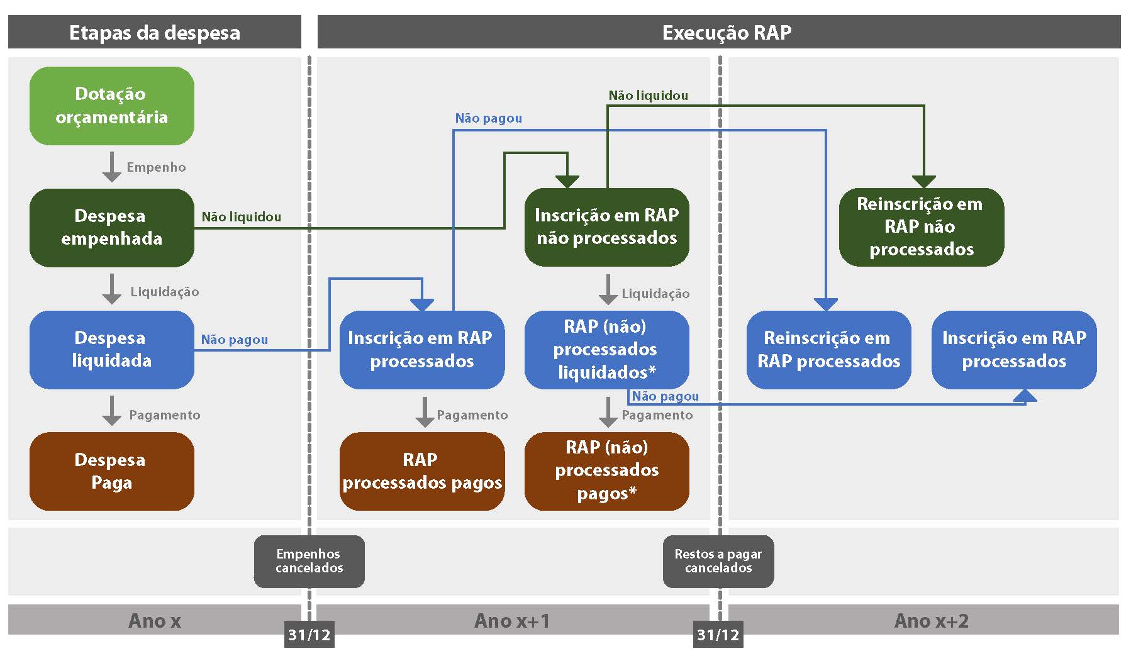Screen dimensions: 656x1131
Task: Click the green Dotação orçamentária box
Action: tap(111, 106)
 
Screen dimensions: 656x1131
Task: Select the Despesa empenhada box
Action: tap(111, 228)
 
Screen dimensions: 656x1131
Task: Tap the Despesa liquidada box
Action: tap(111, 349)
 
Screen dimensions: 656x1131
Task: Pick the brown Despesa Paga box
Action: tap(111, 471)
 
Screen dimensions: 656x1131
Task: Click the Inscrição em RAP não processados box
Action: tap(606, 227)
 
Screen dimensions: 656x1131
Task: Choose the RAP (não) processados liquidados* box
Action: tap(606, 349)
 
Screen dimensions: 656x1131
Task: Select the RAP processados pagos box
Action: tap(421, 471)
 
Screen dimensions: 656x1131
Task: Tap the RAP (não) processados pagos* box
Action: tap(606, 471)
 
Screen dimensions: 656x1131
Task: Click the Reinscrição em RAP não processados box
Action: tap(921, 227)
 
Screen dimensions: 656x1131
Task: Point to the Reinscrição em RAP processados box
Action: tap(828, 349)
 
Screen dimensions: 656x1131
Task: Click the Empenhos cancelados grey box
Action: tap(309, 561)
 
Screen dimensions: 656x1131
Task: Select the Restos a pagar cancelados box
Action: tap(718, 561)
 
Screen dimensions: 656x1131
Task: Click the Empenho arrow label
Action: tap(156, 167)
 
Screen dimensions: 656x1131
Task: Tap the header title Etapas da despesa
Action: tap(154, 33)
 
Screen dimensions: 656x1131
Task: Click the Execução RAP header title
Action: tap(727, 33)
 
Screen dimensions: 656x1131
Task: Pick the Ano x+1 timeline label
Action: tap(511, 621)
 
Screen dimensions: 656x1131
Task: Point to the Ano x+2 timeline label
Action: tap(931, 621)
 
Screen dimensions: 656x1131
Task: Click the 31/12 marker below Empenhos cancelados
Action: tap(309, 635)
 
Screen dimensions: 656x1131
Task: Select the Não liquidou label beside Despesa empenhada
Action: tap(241, 217)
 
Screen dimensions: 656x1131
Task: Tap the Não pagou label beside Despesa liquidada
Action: tap(234, 340)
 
